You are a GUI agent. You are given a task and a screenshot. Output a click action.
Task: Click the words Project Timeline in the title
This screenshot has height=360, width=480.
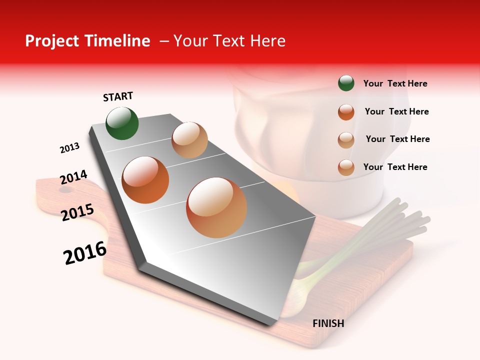(x=87, y=41)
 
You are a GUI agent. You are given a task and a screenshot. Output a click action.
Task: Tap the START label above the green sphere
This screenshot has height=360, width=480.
(x=118, y=96)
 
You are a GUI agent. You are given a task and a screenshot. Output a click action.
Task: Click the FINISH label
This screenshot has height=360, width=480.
(x=328, y=323)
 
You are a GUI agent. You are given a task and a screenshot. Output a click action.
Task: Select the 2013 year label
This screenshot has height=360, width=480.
(x=69, y=148)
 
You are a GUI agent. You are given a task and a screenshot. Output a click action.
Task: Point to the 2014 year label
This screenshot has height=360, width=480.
(x=73, y=177)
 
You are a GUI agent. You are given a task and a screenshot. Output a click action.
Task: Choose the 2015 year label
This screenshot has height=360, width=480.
(x=77, y=212)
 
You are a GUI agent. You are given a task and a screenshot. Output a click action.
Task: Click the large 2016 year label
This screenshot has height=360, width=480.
(x=85, y=253)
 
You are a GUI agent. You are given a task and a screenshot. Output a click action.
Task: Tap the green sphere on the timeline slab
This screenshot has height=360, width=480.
(x=122, y=123)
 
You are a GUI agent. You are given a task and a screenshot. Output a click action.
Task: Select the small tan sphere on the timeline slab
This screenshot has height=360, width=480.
(x=189, y=140)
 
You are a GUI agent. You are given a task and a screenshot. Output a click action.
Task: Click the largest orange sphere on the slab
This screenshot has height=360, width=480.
(x=216, y=207)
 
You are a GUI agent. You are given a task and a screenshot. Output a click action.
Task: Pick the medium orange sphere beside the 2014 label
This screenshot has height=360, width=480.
(x=145, y=180)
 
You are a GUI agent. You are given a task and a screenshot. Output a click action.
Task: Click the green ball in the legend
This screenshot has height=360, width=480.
(x=346, y=83)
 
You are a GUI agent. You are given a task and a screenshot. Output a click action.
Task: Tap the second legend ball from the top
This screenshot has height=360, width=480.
(x=346, y=112)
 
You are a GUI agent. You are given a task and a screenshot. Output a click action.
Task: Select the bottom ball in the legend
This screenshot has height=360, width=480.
(x=346, y=167)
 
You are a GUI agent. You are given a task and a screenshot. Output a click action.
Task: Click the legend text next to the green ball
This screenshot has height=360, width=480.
(x=395, y=83)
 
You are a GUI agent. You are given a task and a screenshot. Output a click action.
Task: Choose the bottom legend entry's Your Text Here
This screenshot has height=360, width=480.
(x=395, y=167)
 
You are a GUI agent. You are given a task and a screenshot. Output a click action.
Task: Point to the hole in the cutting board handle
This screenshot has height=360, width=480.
(x=65, y=190)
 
